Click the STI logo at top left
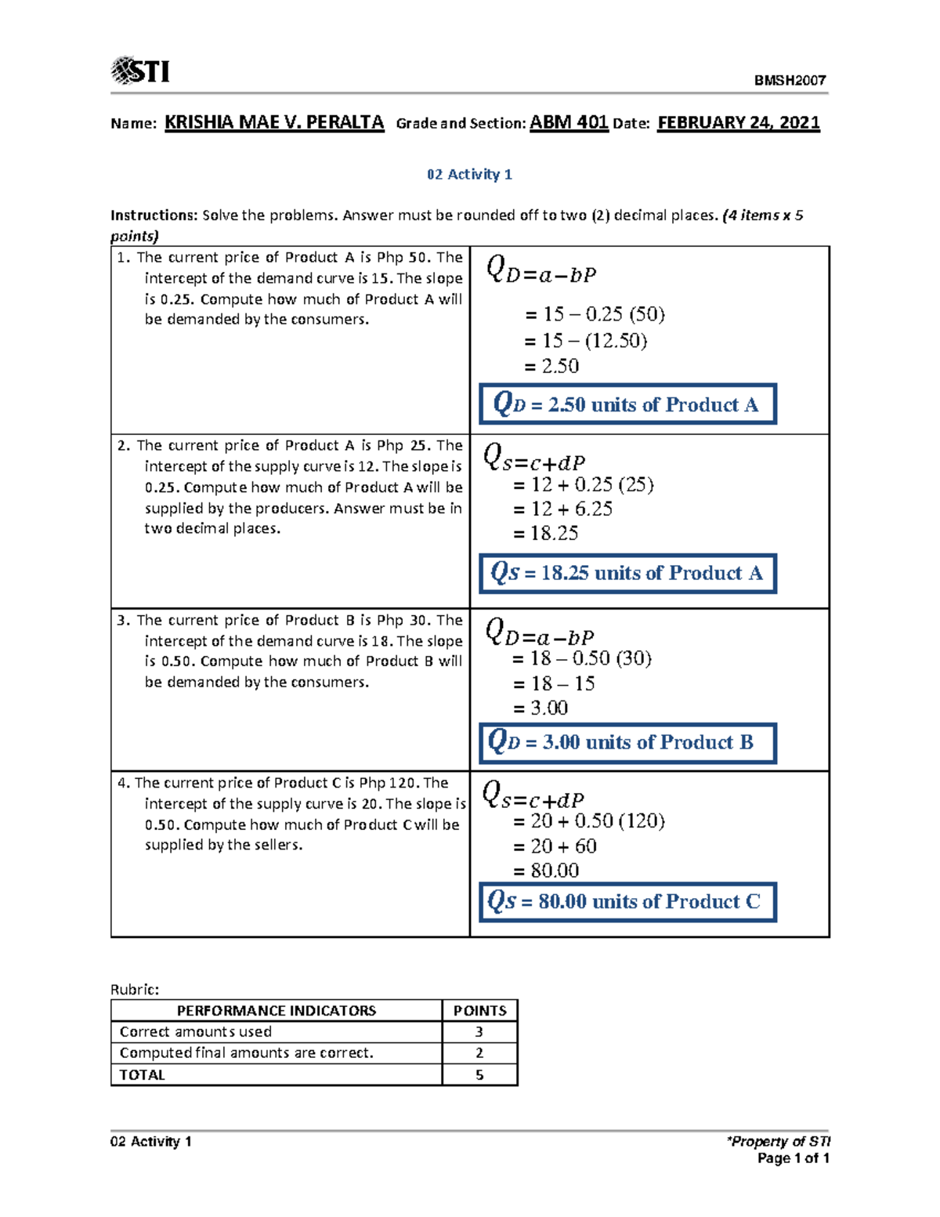click(x=141, y=71)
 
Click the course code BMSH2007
click(x=790, y=80)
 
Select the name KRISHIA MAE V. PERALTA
click(x=274, y=122)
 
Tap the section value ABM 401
click(x=569, y=122)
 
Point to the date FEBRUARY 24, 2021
click(x=738, y=122)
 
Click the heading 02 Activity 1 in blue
click(x=469, y=174)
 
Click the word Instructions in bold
click(x=154, y=215)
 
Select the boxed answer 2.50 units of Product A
click(x=627, y=404)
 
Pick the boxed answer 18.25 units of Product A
click(x=627, y=573)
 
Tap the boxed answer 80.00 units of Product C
click(x=627, y=901)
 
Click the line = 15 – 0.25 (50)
click(x=595, y=314)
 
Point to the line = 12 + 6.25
click(x=562, y=509)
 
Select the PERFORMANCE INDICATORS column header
click(x=276, y=1011)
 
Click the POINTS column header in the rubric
click(x=479, y=1011)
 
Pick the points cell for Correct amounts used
click(x=479, y=1032)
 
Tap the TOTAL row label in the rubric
click(x=142, y=1075)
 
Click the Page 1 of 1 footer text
click(x=793, y=1158)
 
